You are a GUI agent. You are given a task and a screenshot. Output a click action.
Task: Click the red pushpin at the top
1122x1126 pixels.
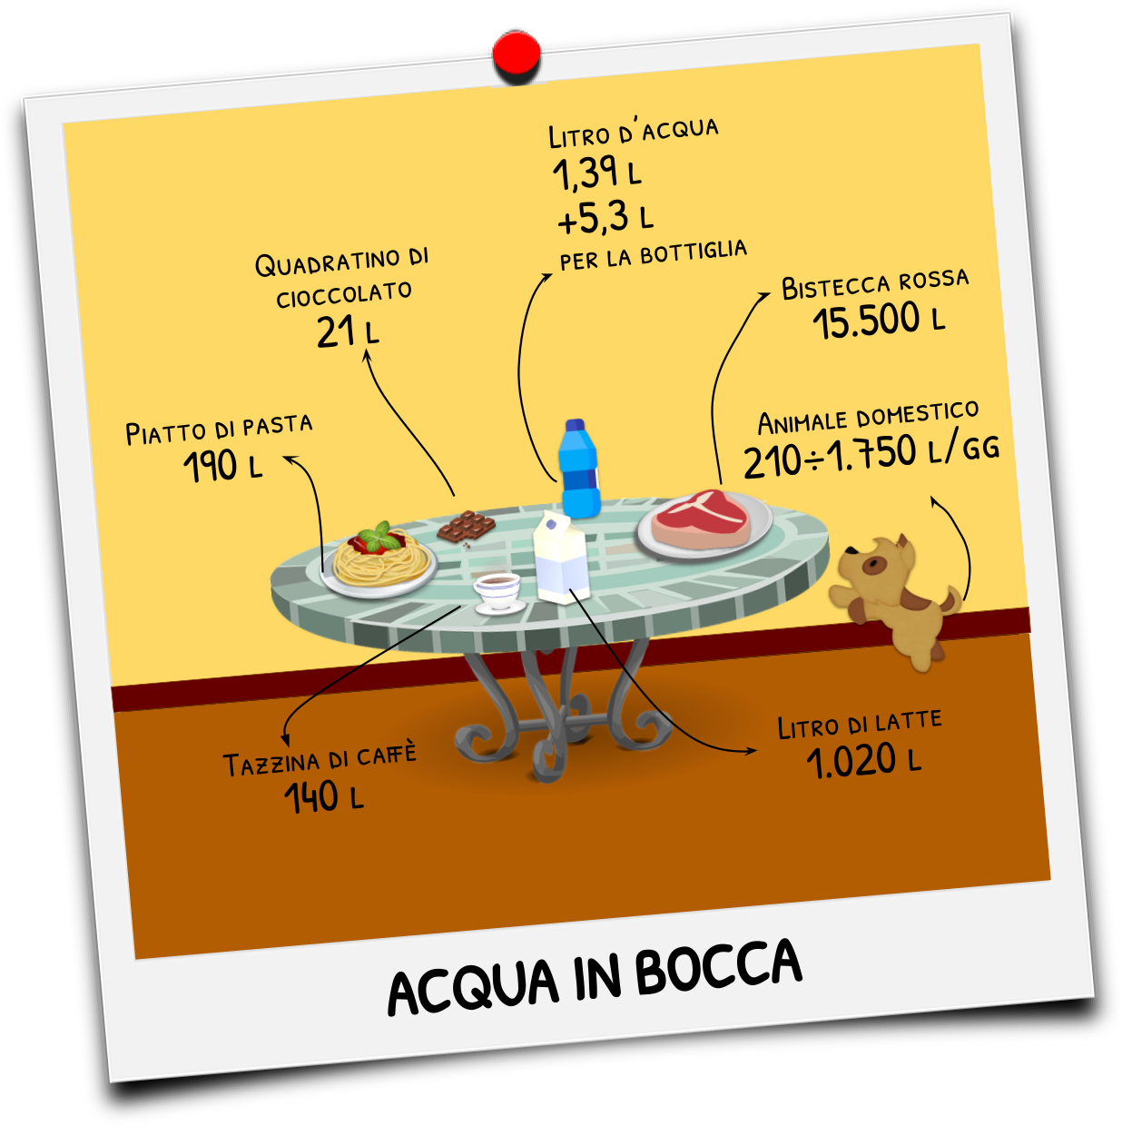(x=517, y=54)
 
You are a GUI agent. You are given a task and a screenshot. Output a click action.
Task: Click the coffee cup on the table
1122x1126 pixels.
(x=497, y=591)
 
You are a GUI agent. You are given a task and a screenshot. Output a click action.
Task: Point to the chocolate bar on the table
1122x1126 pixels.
(x=466, y=527)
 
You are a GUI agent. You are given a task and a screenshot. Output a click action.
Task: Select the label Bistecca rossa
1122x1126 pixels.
(x=875, y=283)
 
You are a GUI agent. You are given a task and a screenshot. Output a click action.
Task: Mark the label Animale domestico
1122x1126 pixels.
(x=868, y=419)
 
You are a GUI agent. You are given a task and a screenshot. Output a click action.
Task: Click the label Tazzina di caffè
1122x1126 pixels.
(x=320, y=759)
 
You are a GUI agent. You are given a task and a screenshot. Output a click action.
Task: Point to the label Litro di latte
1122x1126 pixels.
(x=860, y=724)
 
